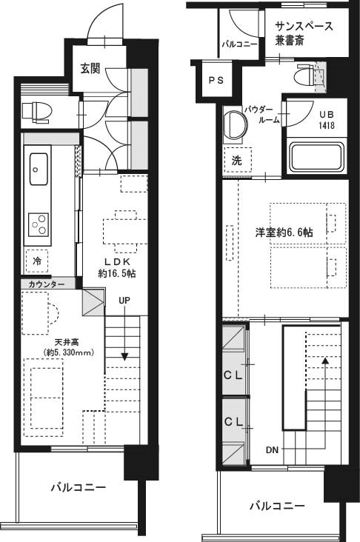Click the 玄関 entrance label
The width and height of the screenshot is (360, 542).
(90, 68)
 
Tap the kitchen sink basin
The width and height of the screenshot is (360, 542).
(38, 169)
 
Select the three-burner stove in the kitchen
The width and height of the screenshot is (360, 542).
(38, 224)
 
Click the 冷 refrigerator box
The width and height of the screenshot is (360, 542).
(36, 261)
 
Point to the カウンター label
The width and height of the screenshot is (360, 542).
(46, 285)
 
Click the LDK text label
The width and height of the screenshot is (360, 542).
(117, 261)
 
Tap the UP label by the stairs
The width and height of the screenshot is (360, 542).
(124, 301)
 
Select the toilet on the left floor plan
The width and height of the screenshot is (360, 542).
(36, 112)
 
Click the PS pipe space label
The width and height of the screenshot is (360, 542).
(216, 80)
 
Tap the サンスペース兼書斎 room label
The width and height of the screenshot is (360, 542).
(304, 33)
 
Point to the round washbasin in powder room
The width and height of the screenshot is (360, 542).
(235, 124)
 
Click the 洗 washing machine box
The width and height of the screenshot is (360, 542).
(237, 161)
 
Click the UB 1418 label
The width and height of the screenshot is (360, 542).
(327, 120)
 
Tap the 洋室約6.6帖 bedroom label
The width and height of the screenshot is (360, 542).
(284, 232)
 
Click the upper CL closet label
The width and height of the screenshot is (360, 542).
(233, 375)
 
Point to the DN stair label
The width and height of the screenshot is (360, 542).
(272, 450)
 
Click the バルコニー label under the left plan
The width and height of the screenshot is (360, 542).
(79, 488)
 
